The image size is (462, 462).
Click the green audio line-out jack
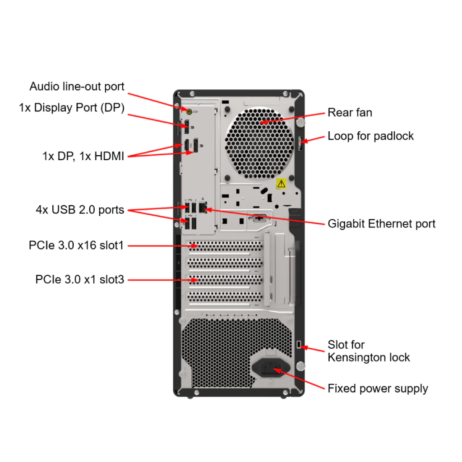[x=189, y=110]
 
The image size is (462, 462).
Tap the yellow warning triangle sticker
[x=281, y=183]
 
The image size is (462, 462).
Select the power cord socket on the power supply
[x=270, y=368]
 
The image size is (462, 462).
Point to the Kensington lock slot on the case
[x=300, y=345]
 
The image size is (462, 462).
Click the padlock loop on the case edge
[x=301, y=143]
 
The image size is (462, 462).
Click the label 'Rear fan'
[x=350, y=112]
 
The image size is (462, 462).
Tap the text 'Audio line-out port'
[x=77, y=86]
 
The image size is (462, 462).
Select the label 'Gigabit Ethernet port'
[x=381, y=223]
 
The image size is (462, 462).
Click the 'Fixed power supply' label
[x=378, y=388]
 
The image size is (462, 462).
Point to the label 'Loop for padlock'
[x=370, y=136]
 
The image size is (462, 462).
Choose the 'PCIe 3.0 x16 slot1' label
[x=76, y=245]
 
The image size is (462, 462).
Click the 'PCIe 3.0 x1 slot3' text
[x=79, y=280]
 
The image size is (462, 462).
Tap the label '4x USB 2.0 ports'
[x=80, y=209]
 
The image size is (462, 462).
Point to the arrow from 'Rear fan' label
[x=293, y=117]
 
